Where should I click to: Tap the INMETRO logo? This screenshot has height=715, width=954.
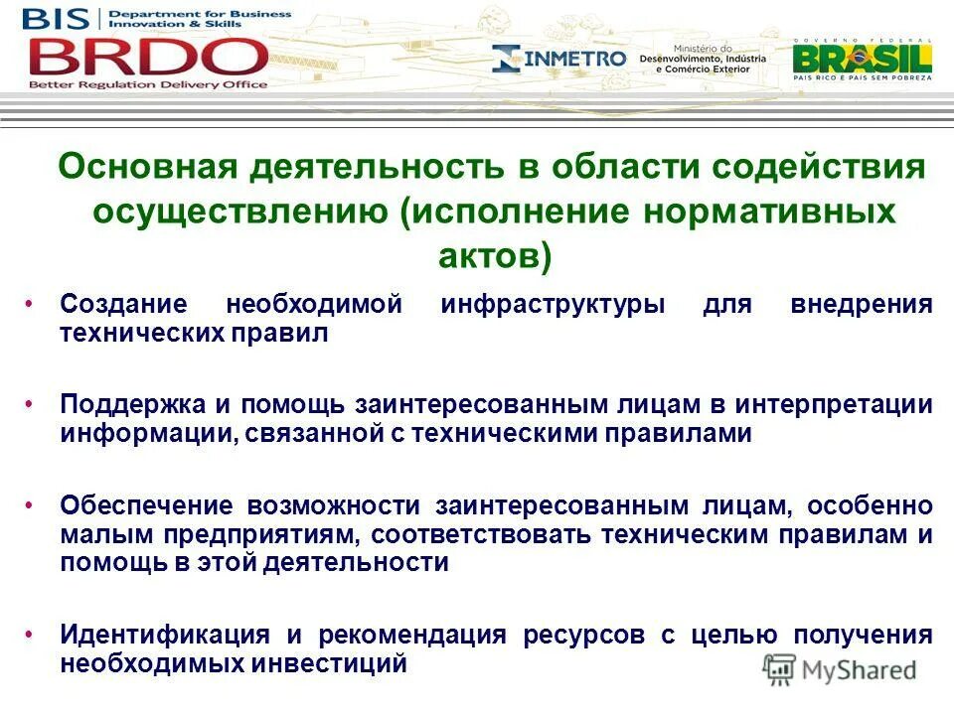tap(559, 59)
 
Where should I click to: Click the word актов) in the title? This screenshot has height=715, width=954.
tap(494, 255)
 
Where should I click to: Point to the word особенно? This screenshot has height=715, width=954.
tap(870, 505)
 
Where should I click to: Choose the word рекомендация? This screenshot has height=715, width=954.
tap(412, 636)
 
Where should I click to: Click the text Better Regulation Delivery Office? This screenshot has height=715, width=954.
tap(148, 85)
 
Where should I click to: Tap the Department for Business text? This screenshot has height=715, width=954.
tap(199, 15)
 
